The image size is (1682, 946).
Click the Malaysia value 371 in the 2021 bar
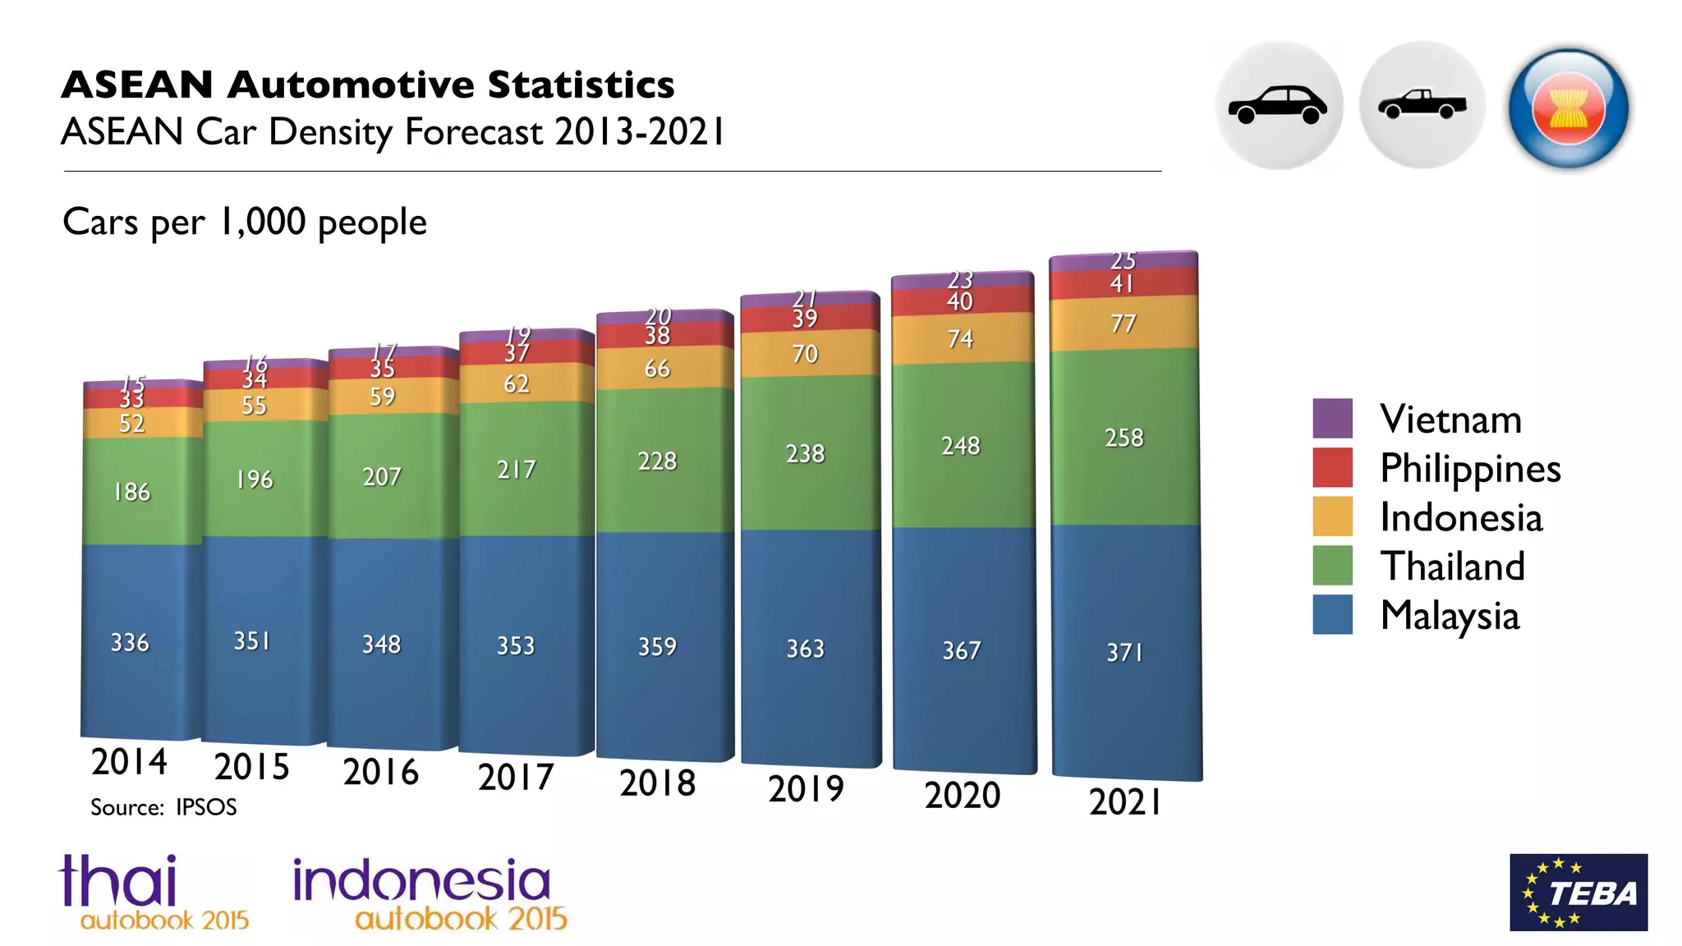[x=1124, y=652]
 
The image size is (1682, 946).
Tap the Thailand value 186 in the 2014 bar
[x=131, y=492]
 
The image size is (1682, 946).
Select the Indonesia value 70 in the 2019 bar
[x=805, y=354]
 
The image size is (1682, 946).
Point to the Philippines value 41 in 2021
[x=1122, y=284]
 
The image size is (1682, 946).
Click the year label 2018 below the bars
[x=657, y=783]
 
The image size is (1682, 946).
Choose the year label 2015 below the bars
[x=251, y=767]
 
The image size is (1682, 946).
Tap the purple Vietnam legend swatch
[x=1332, y=418]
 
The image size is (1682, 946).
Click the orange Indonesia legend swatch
[x=1332, y=517]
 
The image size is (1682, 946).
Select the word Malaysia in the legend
[x=1450, y=616]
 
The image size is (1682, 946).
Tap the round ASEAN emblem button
[x=1568, y=108]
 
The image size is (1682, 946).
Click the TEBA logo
[x=1578, y=892]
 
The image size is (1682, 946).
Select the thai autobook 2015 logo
[x=153, y=893]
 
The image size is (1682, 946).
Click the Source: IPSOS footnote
[x=163, y=807]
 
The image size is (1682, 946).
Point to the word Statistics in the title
[x=581, y=85]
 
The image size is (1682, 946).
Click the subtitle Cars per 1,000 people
[x=245, y=222]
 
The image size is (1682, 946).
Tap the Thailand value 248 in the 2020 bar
[x=960, y=446]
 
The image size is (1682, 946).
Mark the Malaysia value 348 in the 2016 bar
[x=381, y=644]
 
